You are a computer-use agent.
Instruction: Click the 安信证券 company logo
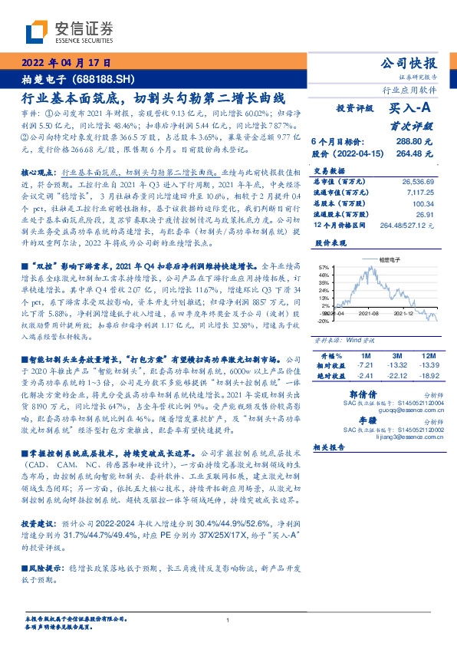click(x=69, y=31)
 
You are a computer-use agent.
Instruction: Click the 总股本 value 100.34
click(x=425, y=204)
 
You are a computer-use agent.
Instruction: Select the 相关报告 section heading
click(x=330, y=447)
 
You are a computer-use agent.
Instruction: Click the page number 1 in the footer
click(x=228, y=621)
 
